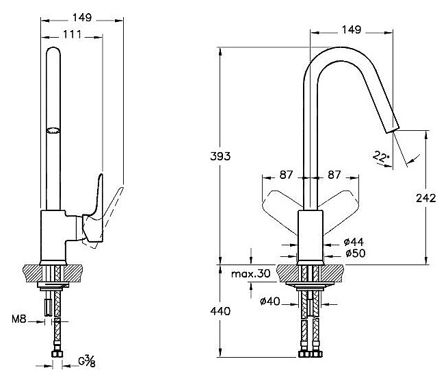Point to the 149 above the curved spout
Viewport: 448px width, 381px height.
coord(351,31)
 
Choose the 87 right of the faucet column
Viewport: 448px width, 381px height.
coord(334,175)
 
